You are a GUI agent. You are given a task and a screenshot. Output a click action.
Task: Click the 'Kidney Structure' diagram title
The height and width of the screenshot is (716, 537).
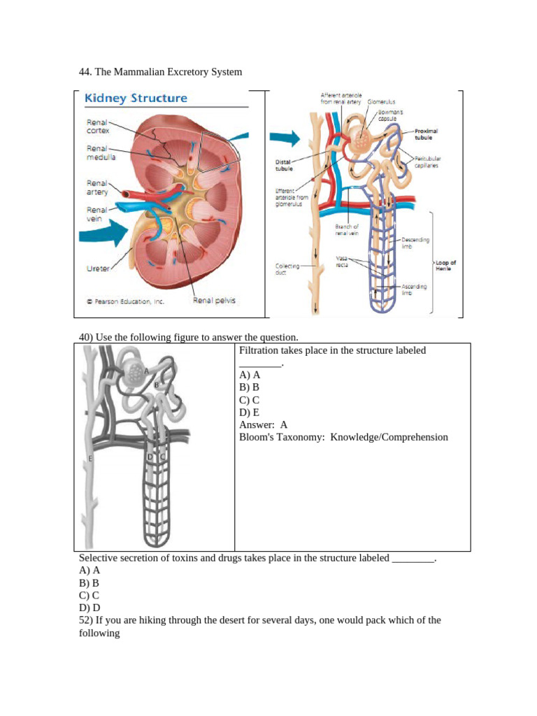136,99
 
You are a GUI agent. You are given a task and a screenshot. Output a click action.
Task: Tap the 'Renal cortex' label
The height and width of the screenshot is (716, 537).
97,126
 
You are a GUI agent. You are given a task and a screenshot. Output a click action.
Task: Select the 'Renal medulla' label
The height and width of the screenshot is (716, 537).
101,152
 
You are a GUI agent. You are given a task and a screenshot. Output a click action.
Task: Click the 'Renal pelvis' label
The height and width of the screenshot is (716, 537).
214,301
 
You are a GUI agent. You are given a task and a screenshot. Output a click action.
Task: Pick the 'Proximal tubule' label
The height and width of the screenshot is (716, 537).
426,134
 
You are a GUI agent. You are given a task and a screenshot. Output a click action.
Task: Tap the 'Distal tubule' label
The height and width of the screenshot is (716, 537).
284,165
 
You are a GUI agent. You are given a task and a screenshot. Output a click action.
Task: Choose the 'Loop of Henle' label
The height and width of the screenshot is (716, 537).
445,266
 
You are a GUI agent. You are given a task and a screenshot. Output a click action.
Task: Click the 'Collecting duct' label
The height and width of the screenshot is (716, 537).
287,269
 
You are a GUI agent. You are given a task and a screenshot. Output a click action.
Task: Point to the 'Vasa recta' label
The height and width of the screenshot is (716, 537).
342,262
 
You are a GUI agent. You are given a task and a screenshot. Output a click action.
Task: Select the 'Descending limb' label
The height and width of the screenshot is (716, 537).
415,242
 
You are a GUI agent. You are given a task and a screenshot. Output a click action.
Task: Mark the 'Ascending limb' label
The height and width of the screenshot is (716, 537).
414,289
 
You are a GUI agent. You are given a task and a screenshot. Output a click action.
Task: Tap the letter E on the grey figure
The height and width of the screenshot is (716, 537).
90,459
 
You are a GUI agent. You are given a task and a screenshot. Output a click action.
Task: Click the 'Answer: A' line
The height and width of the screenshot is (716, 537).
263,424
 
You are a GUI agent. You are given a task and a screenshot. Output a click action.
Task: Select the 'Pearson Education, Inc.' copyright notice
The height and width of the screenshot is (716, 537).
125,302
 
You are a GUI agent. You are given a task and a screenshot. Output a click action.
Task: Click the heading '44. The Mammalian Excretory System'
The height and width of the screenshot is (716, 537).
160,71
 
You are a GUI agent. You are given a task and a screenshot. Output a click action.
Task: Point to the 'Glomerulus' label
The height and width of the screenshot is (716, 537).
382,102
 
